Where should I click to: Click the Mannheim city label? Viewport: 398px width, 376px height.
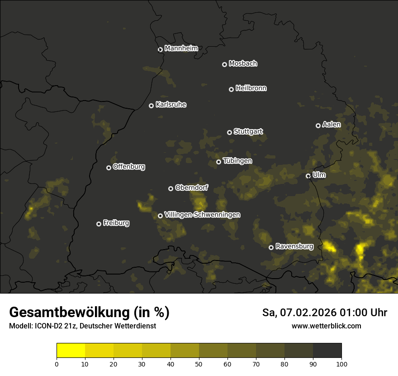point(181,48)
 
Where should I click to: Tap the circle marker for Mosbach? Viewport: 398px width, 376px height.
point(224,64)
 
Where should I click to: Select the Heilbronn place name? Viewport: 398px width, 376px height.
point(251,88)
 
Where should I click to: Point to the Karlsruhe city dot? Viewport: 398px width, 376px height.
point(151,106)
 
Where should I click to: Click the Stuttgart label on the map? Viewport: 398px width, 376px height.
point(248,131)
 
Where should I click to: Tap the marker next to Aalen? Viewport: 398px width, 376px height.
point(318,125)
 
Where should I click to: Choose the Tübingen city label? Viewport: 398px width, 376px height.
point(237,161)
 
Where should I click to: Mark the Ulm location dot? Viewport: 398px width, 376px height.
point(308,176)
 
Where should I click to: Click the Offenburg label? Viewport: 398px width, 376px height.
point(129,167)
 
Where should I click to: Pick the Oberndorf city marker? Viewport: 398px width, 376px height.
point(171,188)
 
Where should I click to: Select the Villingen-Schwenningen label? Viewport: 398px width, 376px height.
point(202,215)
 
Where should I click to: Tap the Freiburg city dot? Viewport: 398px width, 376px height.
point(99,224)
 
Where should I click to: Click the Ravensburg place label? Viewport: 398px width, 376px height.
point(294,246)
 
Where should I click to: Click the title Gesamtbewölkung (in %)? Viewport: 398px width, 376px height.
point(89,313)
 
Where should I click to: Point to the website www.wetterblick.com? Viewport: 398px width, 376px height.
point(326,326)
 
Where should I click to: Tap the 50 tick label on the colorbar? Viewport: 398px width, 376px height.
point(199,363)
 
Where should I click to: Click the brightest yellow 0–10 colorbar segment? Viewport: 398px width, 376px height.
point(71,351)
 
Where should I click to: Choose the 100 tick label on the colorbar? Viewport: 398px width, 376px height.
point(341,363)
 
